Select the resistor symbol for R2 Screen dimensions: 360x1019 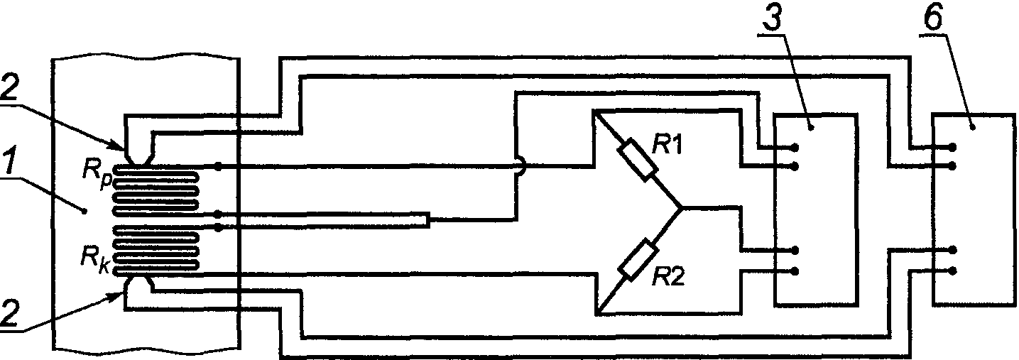(x=638, y=261)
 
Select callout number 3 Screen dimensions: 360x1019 (x=770, y=20)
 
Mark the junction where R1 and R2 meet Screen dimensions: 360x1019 (x=682, y=209)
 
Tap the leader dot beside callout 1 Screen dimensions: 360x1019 (x=85, y=211)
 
